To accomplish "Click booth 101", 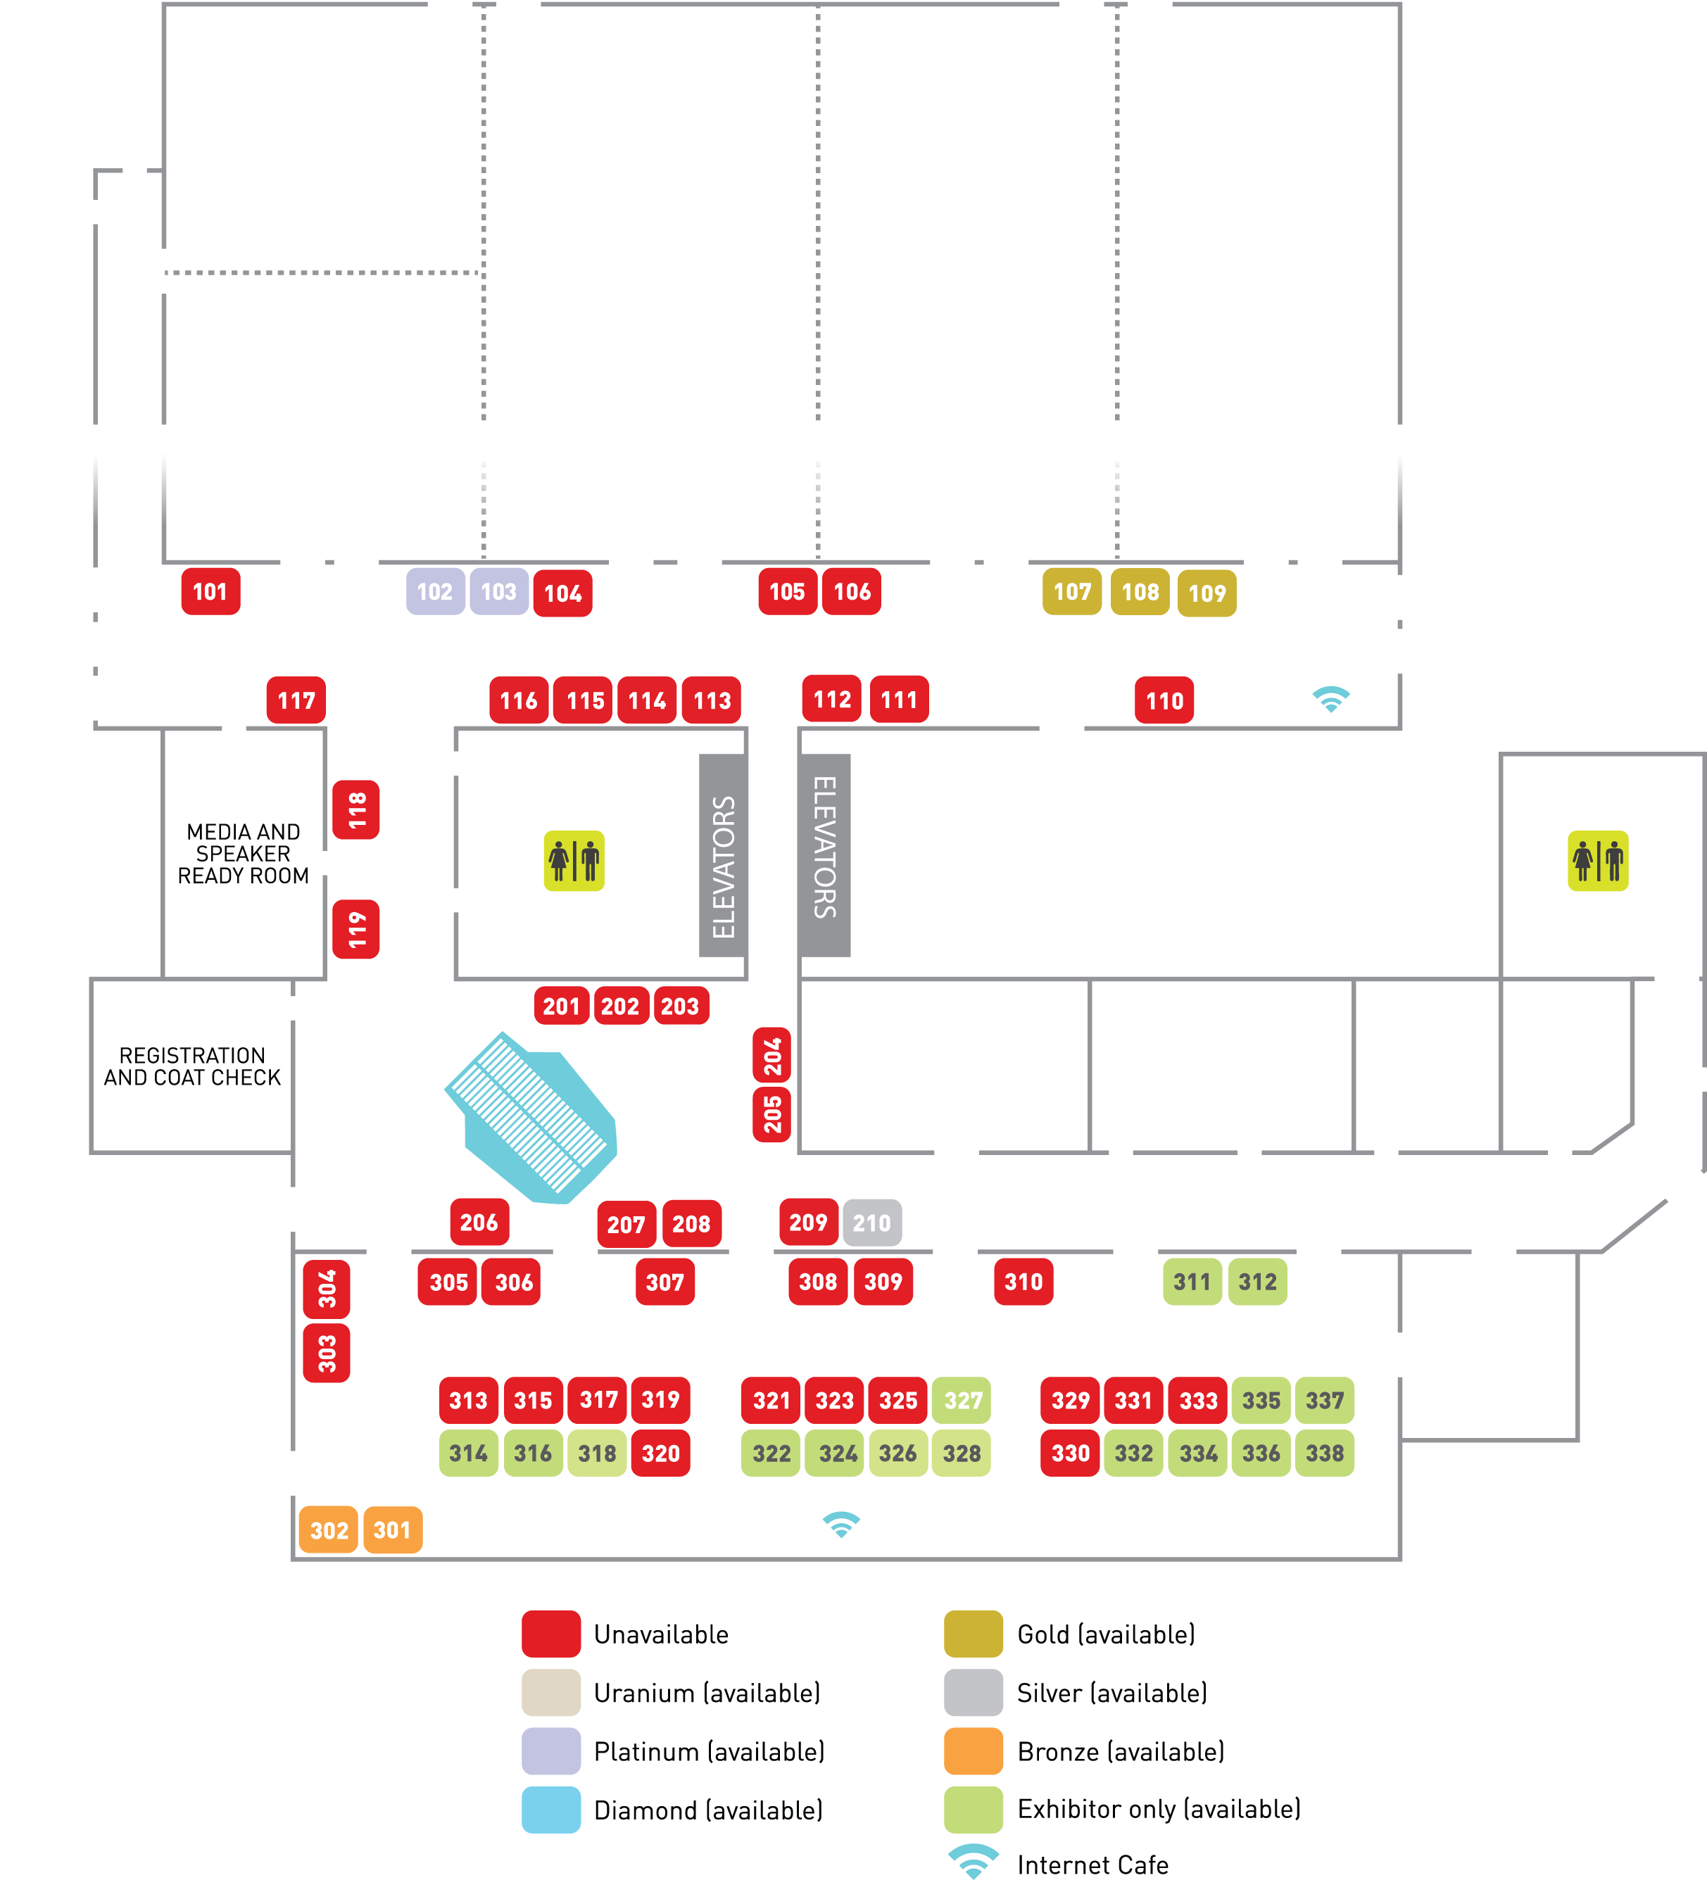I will pyautogui.click(x=210, y=591).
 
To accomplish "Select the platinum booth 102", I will pyautogui.click(x=435, y=591).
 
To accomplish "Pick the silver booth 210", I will pyautogui.click(x=871, y=1223).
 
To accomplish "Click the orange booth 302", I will pyautogui.click(x=328, y=1530).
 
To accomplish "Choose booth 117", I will pyautogui.click(x=296, y=700).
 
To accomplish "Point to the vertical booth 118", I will pyautogui.click(x=356, y=809).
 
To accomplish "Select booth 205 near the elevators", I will pyautogui.click(x=771, y=1114).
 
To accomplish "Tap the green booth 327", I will pyautogui.click(x=962, y=1400).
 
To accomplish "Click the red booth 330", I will pyautogui.click(x=1070, y=1453).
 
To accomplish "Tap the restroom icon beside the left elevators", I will pyautogui.click(x=574, y=861).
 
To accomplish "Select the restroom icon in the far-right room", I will pyautogui.click(x=1597, y=861).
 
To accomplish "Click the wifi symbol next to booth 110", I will pyautogui.click(x=1331, y=698).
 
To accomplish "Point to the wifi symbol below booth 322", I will pyautogui.click(x=840, y=1524).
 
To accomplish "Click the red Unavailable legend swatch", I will pyautogui.click(x=550, y=1634).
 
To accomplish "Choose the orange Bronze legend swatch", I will pyautogui.click(x=973, y=1750).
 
